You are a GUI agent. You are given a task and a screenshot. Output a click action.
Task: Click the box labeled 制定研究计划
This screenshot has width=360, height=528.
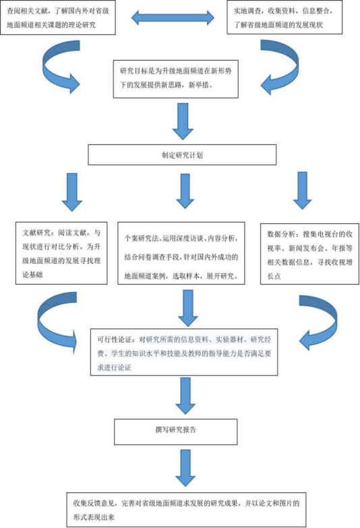pos(182,155)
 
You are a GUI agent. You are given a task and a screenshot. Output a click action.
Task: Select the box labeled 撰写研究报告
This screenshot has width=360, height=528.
pos(176,432)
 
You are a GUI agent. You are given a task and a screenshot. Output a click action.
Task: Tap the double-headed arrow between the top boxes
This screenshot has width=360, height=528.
pos(173,18)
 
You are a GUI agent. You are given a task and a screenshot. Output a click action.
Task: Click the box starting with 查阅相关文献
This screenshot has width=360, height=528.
pos(57,18)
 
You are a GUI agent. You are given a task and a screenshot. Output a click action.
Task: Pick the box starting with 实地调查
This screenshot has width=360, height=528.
pos(284,17)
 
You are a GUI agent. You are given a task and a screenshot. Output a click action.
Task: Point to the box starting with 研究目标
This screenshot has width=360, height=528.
pos(176,79)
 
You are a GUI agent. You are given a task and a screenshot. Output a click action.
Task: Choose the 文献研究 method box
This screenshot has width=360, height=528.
pos(61,253)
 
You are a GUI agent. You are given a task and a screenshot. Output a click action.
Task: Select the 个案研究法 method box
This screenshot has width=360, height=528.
pos(181,254)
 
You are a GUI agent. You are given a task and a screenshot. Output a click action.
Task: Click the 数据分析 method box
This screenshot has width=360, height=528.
pos(309,254)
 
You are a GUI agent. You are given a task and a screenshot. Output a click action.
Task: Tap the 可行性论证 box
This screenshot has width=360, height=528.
pos(184,352)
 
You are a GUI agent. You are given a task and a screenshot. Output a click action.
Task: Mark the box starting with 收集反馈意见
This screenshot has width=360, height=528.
pos(186,510)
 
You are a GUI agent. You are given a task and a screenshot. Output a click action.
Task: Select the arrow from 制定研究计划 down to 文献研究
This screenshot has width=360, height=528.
pos(72,192)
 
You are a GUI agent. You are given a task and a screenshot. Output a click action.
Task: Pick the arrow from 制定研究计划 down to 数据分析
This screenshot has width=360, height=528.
pos(303,191)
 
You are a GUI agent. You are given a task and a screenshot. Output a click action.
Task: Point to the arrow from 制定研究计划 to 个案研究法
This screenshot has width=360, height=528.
pos(185,192)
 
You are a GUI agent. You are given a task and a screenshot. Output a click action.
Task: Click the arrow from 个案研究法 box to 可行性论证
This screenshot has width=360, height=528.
pos(188,307)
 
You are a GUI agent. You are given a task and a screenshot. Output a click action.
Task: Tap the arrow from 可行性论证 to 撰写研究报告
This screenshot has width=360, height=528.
pos(185,396)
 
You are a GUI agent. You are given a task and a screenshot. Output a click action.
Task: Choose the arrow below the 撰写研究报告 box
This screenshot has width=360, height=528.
pos(185,468)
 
